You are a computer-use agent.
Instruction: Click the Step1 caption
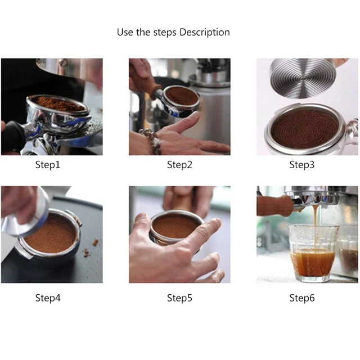(48, 165)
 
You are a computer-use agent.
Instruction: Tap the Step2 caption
(179, 165)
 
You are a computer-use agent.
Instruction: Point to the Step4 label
(48, 298)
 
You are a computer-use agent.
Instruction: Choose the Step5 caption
(179, 298)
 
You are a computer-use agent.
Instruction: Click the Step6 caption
(302, 298)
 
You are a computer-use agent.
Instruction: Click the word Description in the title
(204, 32)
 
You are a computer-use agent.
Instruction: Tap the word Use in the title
(124, 32)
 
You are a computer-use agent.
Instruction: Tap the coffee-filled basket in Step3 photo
(305, 128)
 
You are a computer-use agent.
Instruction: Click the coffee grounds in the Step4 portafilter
(51, 235)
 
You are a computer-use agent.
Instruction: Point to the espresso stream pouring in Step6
(313, 217)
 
